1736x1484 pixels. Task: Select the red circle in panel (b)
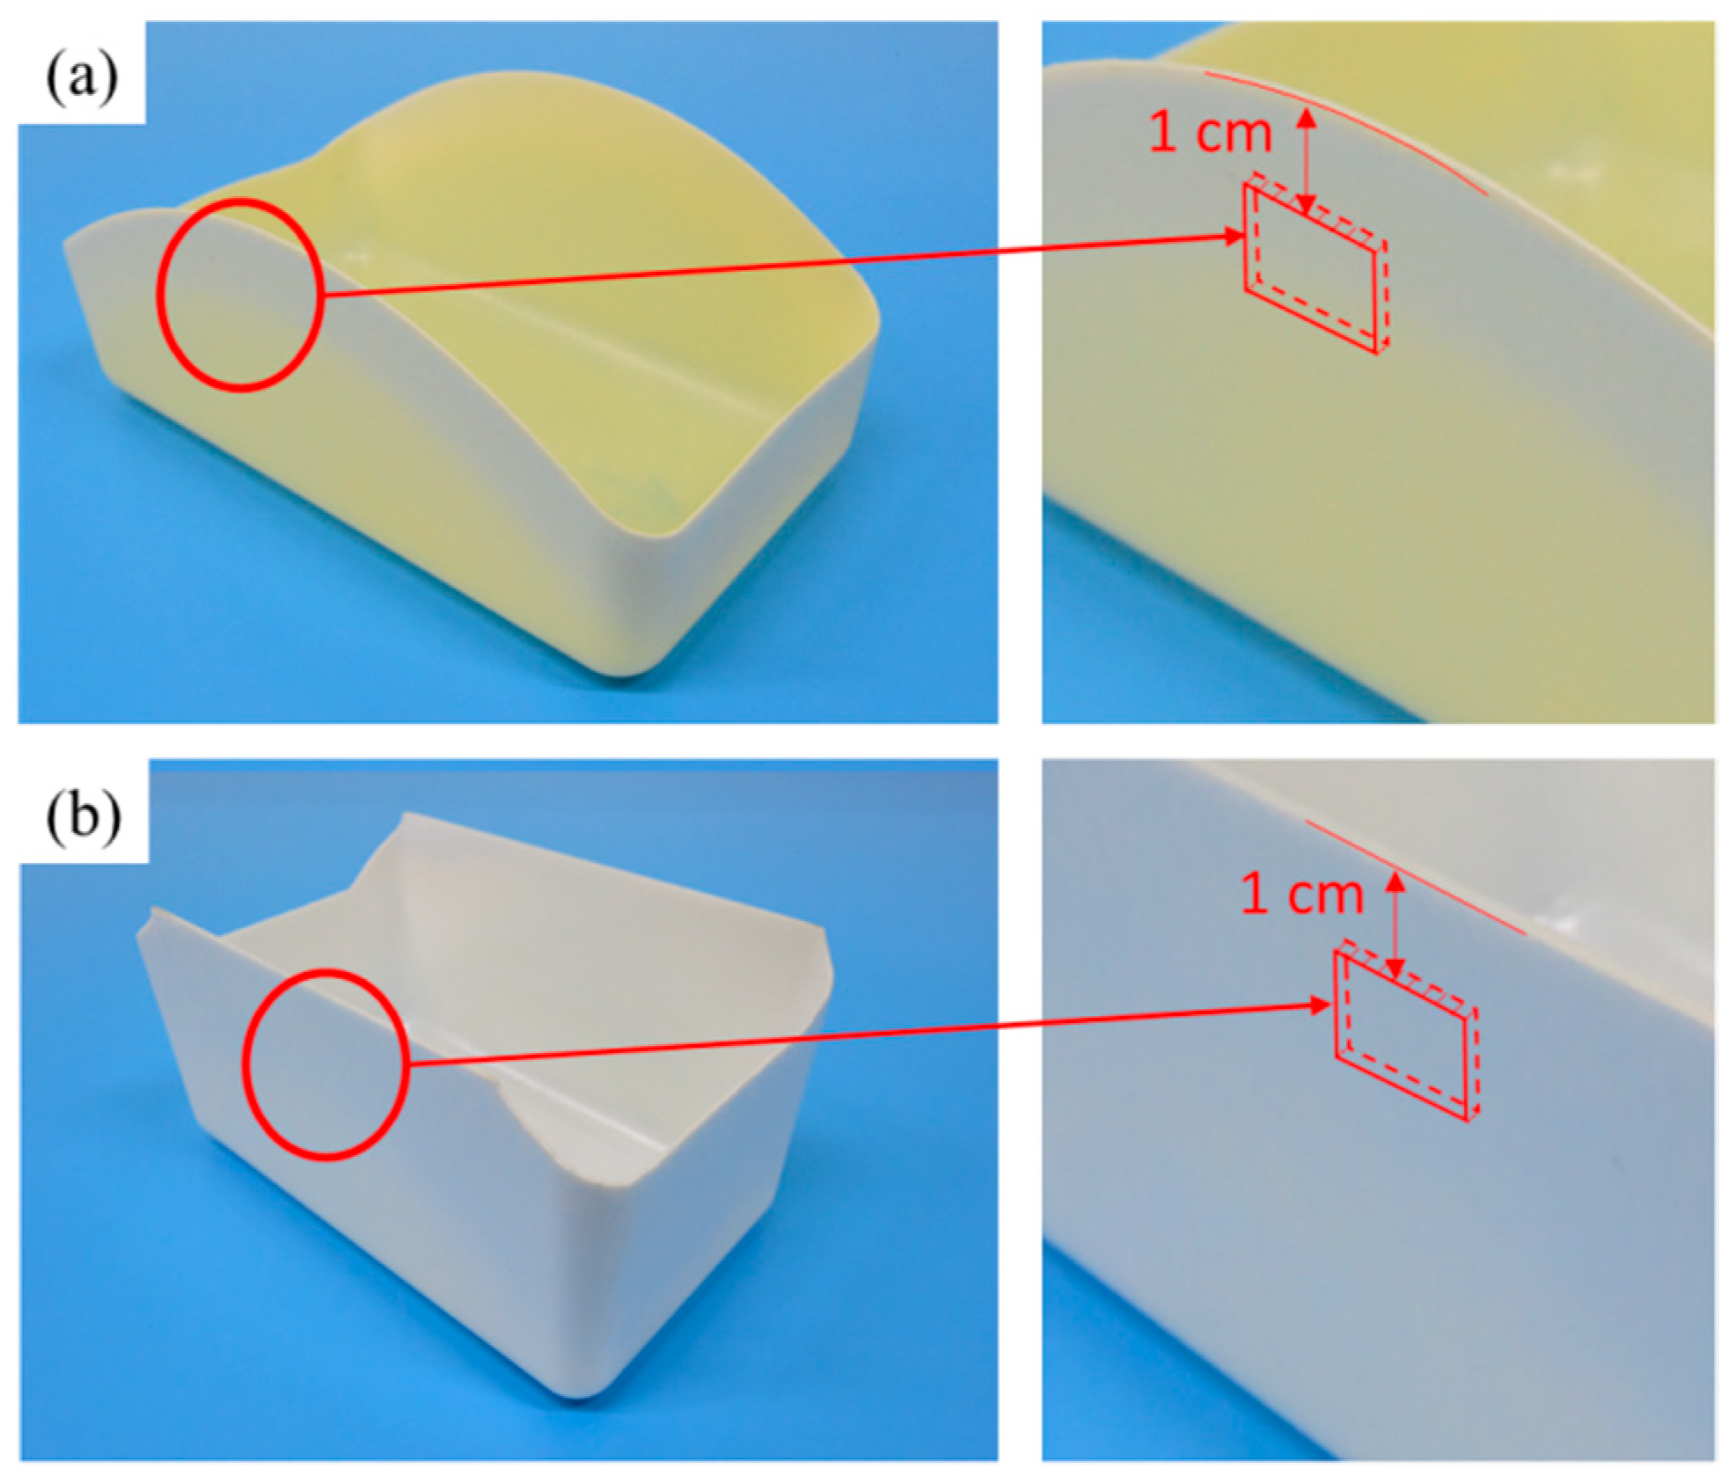(244, 1064)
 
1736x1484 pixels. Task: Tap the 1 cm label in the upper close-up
(1210, 133)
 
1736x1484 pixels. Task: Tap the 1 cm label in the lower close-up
(1301, 895)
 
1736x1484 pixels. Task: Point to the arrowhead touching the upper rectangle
(1232, 236)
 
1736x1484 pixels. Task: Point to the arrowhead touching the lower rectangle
(1322, 1005)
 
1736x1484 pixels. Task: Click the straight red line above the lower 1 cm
(1415, 877)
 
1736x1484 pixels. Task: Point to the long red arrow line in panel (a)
(783, 265)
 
